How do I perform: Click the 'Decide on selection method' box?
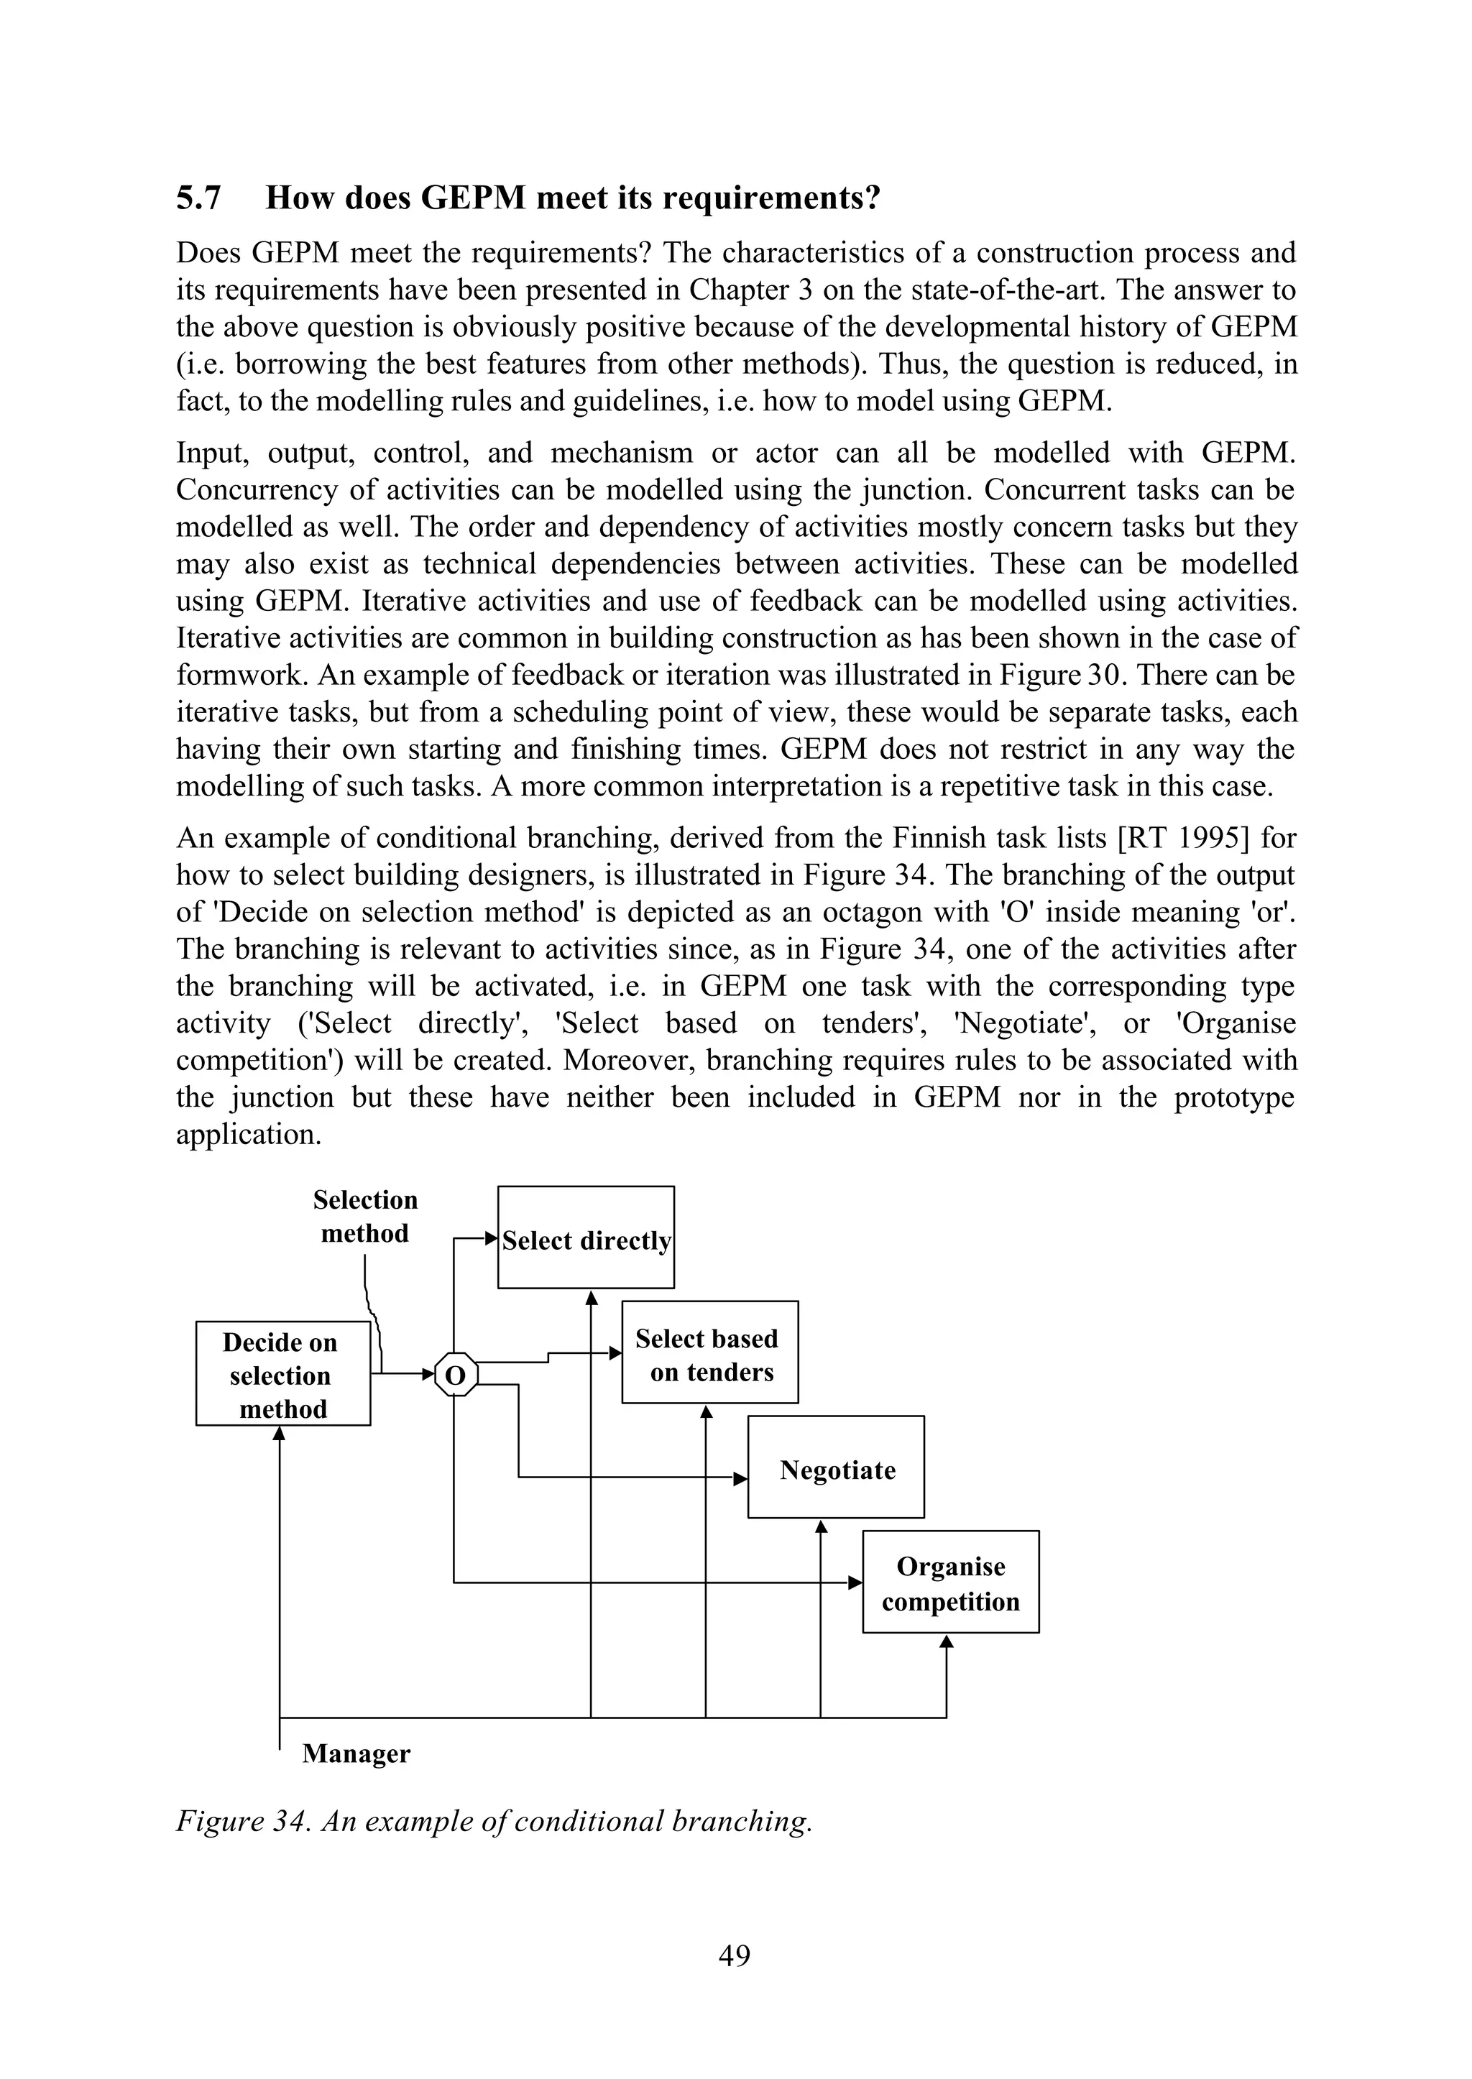click(282, 1374)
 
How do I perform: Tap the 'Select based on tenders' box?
click(709, 1353)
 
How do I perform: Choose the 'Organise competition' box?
click(950, 1582)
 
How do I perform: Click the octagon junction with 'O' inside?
click(455, 1375)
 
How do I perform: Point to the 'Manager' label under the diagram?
click(356, 1753)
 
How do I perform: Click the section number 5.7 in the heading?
click(198, 198)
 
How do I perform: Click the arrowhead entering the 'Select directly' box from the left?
click(492, 1238)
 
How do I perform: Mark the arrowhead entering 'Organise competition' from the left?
click(855, 1583)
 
